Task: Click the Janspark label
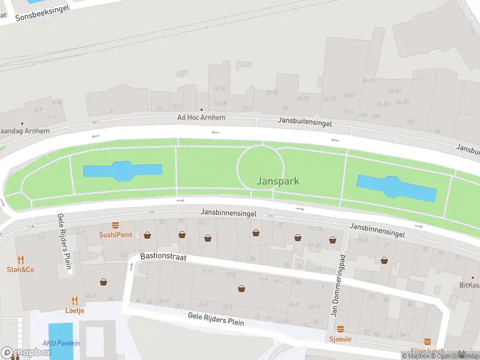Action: (277, 181)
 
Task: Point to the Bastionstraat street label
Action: (163, 256)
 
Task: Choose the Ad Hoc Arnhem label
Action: (201, 118)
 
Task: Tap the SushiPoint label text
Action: (115, 235)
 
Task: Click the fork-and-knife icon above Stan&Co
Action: (20, 260)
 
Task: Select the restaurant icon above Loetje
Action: (74, 301)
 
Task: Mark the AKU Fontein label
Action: (61, 343)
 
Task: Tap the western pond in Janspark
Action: (122, 172)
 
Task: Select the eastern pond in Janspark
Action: (396, 188)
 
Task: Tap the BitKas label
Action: (469, 285)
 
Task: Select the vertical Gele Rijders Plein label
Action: (65, 243)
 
